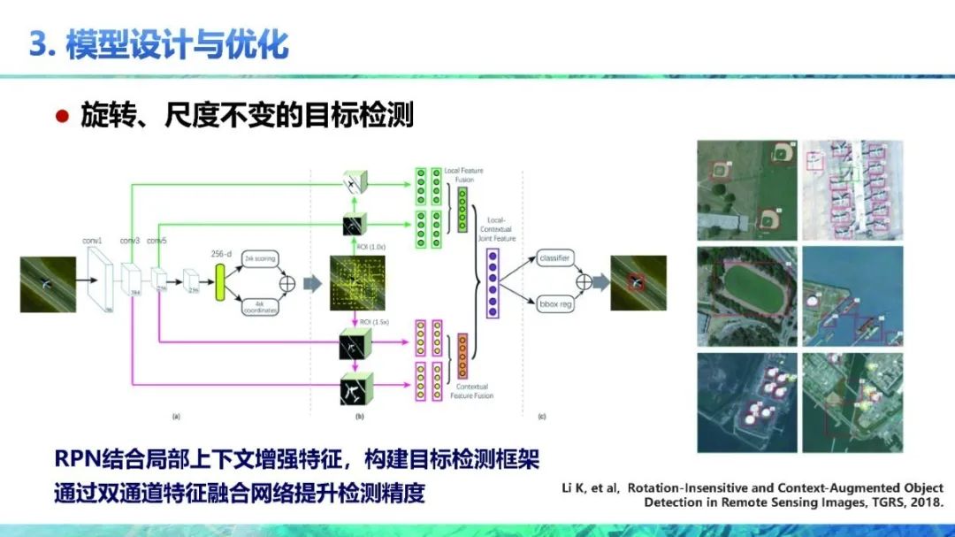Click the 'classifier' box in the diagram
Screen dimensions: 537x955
(554, 258)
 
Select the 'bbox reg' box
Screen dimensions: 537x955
(554, 304)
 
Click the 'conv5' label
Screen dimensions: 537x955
(157, 241)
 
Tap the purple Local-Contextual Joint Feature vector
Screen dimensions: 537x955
(493, 282)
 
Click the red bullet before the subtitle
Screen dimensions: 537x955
(62, 116)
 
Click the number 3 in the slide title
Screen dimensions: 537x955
(38, 44)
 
